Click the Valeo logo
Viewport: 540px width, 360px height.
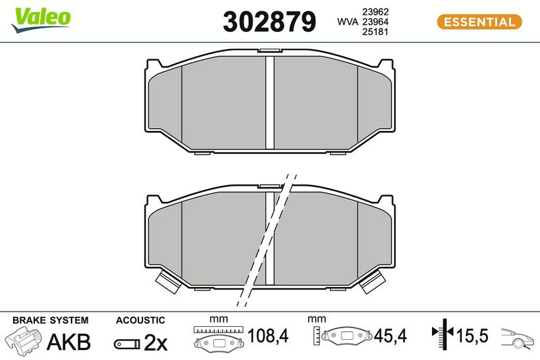coord(40,20)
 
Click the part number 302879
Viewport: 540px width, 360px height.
coord(269,22)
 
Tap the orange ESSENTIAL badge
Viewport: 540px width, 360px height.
coord(479,22)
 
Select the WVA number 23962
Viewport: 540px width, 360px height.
coord(375,11)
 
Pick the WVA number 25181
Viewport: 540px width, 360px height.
coord(375,32)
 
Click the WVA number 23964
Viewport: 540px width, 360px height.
coord(375,22)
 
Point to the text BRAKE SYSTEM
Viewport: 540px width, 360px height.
coord(50,320)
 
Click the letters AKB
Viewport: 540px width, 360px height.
coord(69,342)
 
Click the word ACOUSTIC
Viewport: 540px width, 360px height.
coord(140,320)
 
